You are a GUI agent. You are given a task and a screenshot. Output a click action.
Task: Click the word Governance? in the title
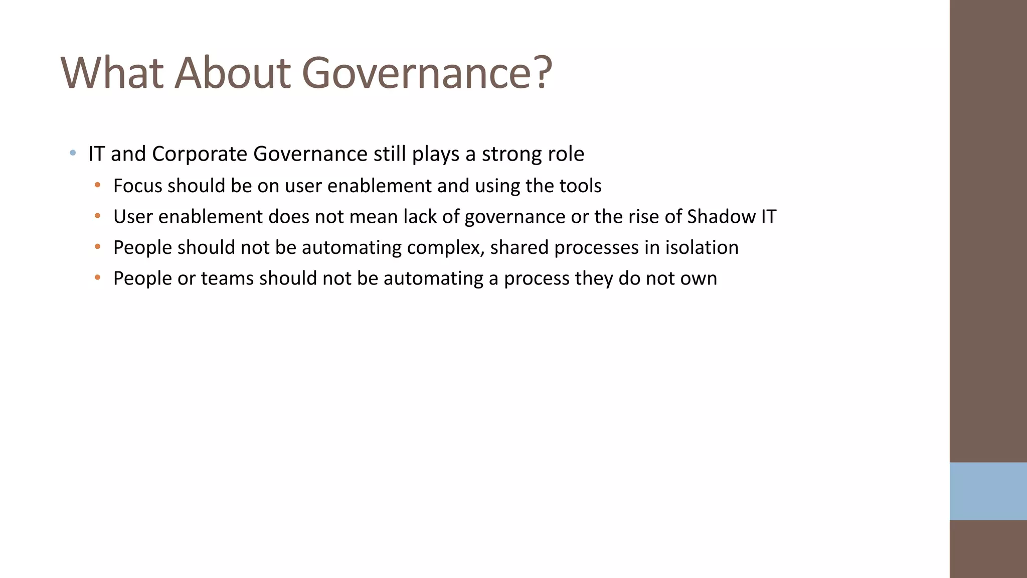click(x=427, y=73)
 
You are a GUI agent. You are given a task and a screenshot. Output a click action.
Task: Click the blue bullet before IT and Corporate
click(x=73, y=153)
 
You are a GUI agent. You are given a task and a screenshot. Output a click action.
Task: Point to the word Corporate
click(x=199, y=154)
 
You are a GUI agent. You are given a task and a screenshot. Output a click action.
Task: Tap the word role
click(x=566, y=154)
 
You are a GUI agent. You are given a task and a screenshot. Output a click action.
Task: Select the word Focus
click(x=137, y=186)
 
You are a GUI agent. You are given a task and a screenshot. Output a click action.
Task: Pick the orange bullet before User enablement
click(x=97, y=216)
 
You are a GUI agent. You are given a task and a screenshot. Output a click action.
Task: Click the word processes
click(x=596, y=248)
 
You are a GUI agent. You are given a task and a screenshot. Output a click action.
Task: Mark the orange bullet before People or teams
click(x=97, y=277)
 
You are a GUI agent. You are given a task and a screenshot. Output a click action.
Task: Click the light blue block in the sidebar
click(x=988, y=491)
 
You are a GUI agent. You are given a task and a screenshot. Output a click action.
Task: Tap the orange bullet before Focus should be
click(x=97, y=185)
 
